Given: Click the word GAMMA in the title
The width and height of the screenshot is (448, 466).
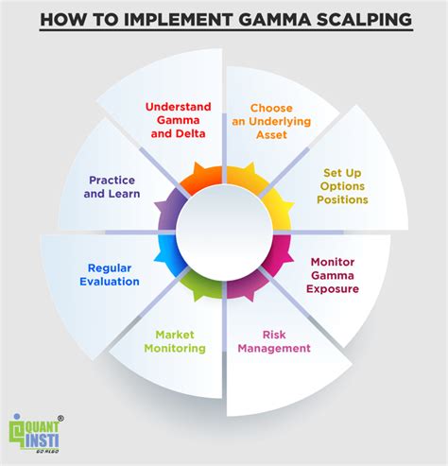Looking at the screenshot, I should coord(269,20).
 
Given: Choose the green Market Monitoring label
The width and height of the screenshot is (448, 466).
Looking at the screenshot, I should coord(174,340).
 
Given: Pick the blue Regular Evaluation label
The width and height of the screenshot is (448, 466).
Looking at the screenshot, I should coord(114,274).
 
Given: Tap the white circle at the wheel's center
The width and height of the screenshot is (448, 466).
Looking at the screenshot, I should coord(223,233).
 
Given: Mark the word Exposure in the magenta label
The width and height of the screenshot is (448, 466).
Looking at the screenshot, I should coord(332,288).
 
